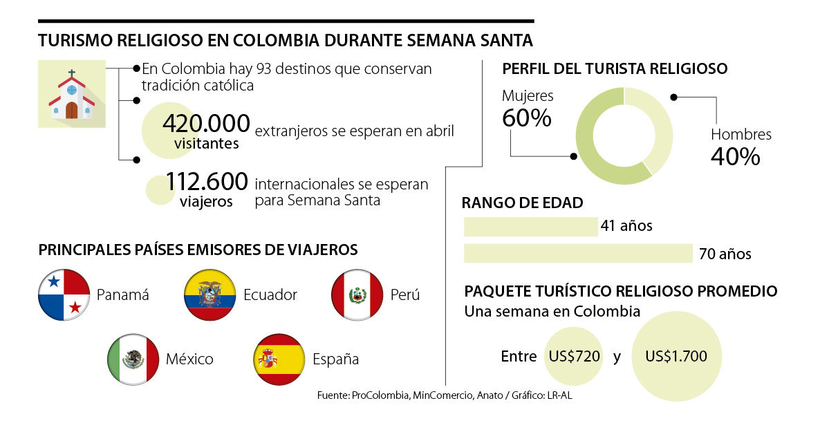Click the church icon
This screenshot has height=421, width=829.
pos(72,94)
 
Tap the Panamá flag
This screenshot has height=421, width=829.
pos(64,295)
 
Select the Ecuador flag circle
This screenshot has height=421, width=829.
pos(210,295)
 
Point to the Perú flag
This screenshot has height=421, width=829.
pos(357,295)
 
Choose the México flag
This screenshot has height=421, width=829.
pos(133,359)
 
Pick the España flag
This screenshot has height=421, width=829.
pos(280,359)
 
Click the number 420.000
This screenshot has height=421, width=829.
pos(206,124)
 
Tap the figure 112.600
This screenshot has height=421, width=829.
pos(206,182)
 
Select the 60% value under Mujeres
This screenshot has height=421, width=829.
pos(527,118)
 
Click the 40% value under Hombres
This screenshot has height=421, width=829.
pos(736,157)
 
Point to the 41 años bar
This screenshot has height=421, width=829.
pos(530,227)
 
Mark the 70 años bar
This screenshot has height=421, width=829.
pos(578,254)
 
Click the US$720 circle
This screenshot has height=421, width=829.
pos(573,357)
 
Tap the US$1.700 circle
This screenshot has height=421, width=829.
pos(676,357)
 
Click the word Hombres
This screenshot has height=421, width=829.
pos(741,135)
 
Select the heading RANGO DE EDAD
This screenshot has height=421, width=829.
pos(522,203)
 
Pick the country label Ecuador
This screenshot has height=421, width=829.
pos(270,295)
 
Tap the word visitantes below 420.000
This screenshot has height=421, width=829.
pos(207,144)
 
